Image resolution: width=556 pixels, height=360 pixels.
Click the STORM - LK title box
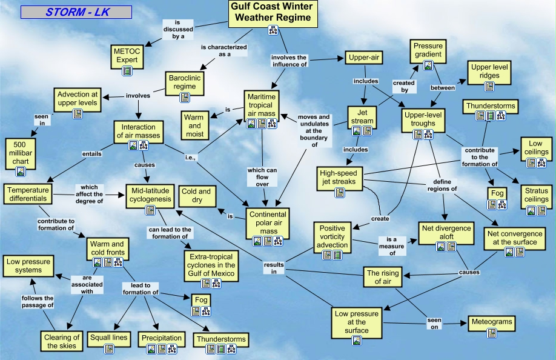click(x=76, y=12)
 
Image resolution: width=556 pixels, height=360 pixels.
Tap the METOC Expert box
click(x=127, y=55)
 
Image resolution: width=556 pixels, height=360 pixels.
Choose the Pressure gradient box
click(x=428, y=50)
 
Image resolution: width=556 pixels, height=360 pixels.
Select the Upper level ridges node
click(x=489, y=72)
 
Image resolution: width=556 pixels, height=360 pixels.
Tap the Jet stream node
click(x=363, y=117)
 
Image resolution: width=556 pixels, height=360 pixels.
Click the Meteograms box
click(x=491, y=322)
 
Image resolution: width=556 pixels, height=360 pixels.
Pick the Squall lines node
click(x=109, y=338)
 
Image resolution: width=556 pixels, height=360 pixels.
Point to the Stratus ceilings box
click(x=536, y=195)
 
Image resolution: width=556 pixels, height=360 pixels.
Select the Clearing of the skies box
click(x=62, y=341)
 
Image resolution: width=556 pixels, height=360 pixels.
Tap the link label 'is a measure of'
click(x=392, y=242)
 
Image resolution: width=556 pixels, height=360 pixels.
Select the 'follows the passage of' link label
click(x=38, y=302)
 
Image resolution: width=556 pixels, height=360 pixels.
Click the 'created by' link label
click(x=404, y=86)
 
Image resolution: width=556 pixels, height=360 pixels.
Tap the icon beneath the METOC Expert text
click(x=127, y=71)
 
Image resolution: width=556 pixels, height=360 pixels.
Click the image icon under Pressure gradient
click(x=428, y=65)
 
